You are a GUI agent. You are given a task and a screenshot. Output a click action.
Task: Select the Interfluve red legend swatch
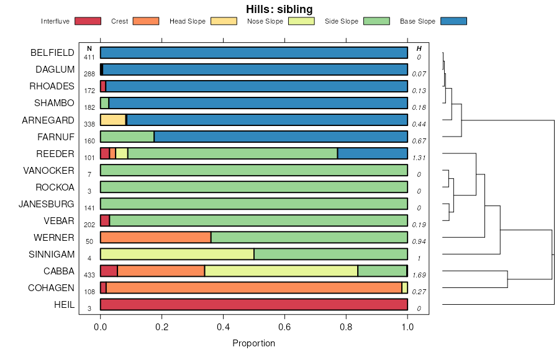88,21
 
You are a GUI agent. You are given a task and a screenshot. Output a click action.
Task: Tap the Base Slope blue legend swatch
453,21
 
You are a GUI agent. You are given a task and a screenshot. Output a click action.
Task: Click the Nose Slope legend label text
265,21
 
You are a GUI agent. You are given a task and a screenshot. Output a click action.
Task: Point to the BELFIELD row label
52,53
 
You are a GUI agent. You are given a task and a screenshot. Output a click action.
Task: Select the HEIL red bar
253,304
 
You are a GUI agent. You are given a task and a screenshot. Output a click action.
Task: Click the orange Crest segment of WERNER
155,237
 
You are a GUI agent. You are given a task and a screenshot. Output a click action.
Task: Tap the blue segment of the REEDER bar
372,153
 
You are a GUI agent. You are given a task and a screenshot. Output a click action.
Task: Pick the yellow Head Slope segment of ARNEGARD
112,120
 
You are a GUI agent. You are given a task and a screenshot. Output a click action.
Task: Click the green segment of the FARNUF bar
127,137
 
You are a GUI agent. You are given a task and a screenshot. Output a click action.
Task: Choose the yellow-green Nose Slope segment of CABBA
281,271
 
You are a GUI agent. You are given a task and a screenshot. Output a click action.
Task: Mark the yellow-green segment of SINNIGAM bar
177,254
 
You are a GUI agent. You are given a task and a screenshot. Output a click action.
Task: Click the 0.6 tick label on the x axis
284,327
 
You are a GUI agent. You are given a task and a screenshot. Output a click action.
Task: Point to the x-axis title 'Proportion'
253,343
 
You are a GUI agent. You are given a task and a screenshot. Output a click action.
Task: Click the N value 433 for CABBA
89,274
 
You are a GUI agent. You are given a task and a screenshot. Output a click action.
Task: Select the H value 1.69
419,274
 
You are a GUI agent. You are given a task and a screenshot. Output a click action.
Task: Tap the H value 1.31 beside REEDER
419,158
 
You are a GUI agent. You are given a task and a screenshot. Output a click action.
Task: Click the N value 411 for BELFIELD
89,57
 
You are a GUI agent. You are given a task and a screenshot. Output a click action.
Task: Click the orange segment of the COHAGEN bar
253,287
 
